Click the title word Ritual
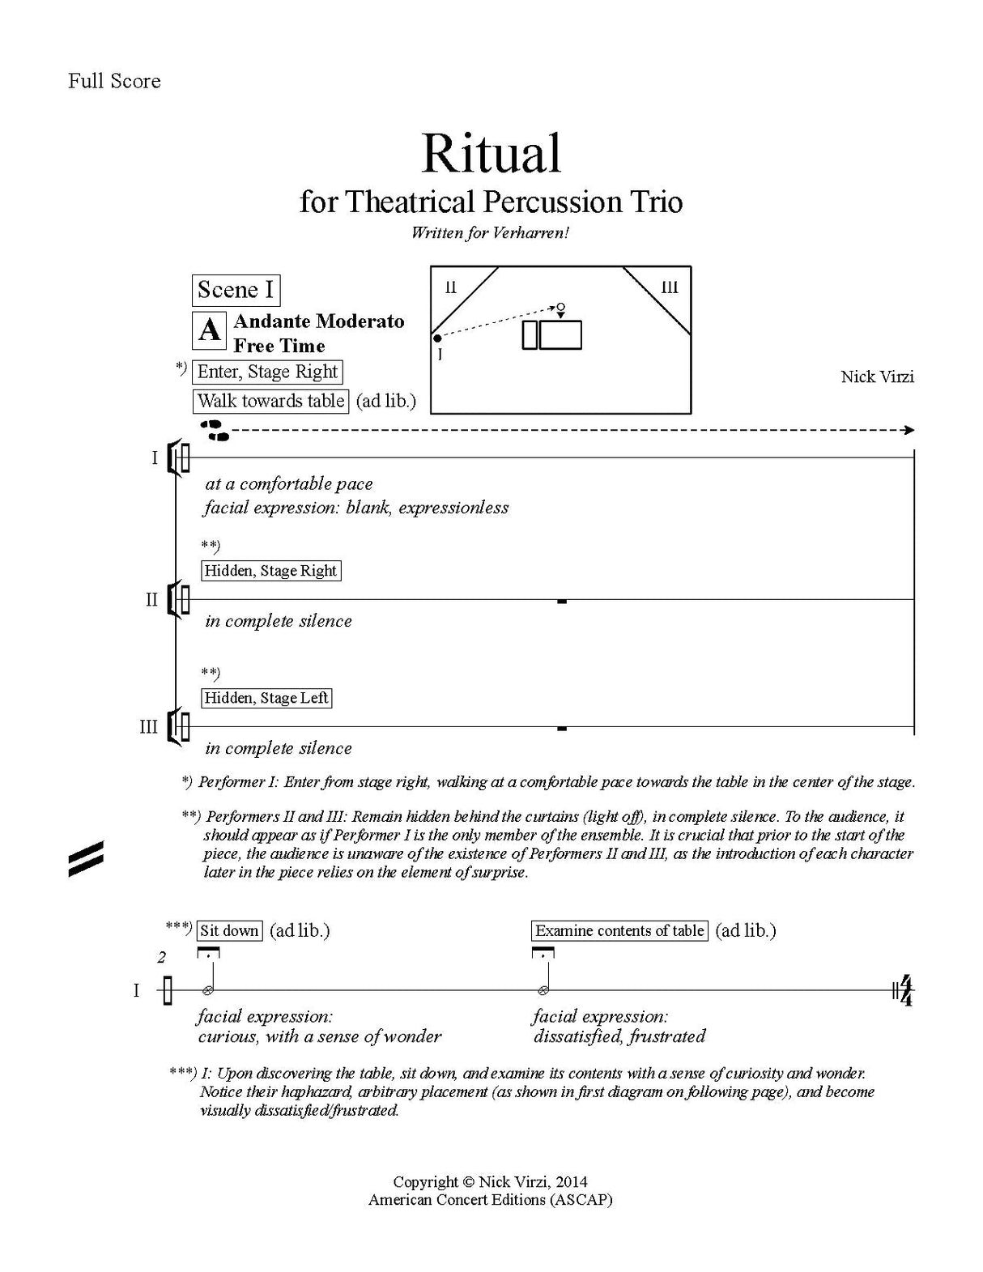(x=491, y=154)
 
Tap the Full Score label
(x=114, y=81)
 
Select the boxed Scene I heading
(x=236, y=290)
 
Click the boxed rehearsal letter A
(x=210, y=330)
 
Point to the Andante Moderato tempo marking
(x=319, y=321)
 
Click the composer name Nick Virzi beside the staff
(x=877, y=376)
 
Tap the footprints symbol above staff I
(x=215, y=430)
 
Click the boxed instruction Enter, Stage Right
(x=267, y=372)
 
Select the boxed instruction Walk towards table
(x=270, y=401)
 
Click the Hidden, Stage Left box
(x=266, y=698)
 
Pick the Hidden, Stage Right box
(x=270, y=571)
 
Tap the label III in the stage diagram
(x=670, y=287)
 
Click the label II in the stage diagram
(x=451, y=287)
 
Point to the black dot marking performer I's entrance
(x=437, y=338)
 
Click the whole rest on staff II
(x=562, y=602)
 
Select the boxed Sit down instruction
(x=230, y=931)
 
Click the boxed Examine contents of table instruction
(x=619, y=931)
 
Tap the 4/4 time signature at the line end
(x=906, y=991)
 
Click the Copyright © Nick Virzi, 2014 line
(x=490, y=1181)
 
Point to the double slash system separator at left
(x=86, y=859)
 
